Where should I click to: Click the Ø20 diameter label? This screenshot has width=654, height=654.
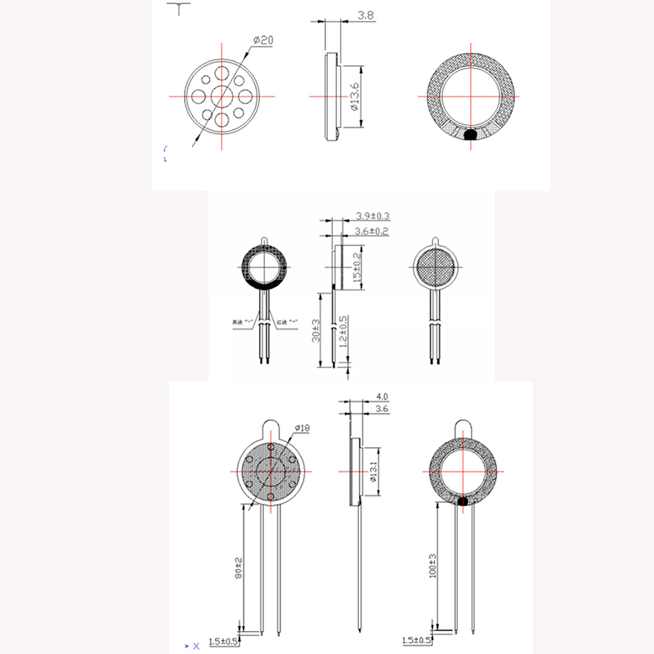click(x=263, y=39)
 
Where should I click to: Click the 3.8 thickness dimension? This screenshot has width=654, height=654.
click(x=366, y=16)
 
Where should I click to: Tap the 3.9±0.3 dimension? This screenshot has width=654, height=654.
click(x=373, y=216)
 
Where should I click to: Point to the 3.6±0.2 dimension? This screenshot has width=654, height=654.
click(x=373, y=231)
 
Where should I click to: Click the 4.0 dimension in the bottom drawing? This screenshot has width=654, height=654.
click(x=380, y=396)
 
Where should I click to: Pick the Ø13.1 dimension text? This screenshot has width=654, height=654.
click(x=373, y=472)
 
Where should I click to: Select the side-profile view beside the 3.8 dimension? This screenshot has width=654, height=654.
click(x=330, y=96)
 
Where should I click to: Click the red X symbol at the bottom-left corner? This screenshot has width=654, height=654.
click(x=195, y=646)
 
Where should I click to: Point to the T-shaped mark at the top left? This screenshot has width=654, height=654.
click(x=177, y=8)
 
